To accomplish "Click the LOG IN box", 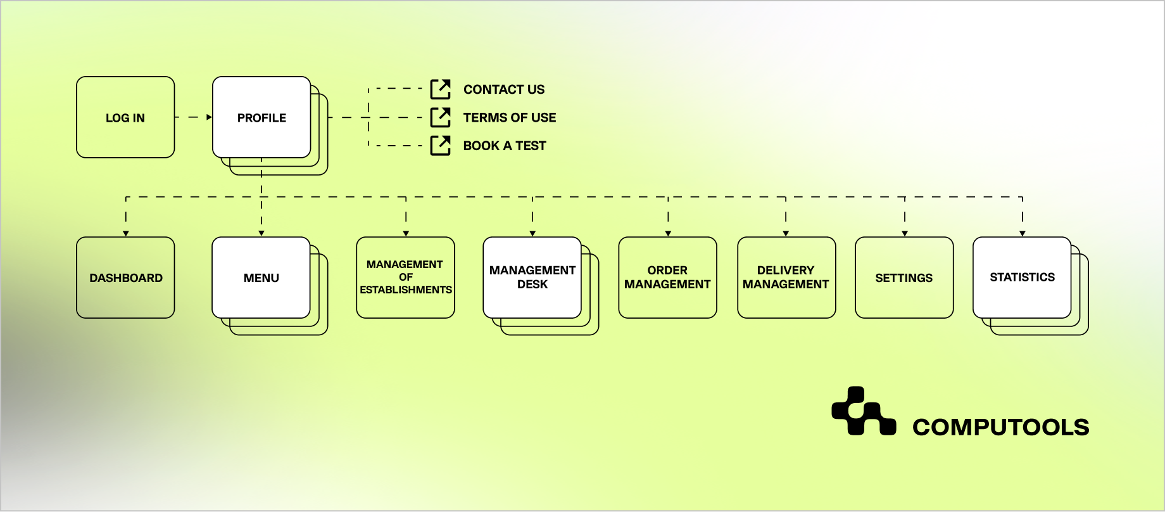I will pyautogui.click(x=125, y=117).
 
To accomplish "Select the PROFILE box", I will pyautogui.click(x=261, y=117).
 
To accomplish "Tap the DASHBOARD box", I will pyautogui.click(x=125, y=278).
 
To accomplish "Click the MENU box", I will pyautogui.click(x=261, y=278).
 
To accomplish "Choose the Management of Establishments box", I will pyautogui.click(x=405, y=278).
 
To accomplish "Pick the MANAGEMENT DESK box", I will pyautogui.click(x=532, y=278).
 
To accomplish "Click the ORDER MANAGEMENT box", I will pyautogui.click(x=667, y=278).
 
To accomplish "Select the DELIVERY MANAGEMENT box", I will pyautogui.click(x=786, y=278).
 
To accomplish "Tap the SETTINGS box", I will pyautogui.click(x=904, y=278).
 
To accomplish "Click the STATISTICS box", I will pyautogui.click(x=1021, y=278).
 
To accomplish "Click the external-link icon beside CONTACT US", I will pyautogui.click(x=440, y=89).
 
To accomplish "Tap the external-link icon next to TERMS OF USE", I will pyautogui.click(x=440, y=117).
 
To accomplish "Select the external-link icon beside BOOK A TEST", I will pyautogui.click(x=440, y=145).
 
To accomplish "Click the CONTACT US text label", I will pyautogui.click(x=503, y=89).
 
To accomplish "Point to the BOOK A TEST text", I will pyautogui.click(x=504, y=146).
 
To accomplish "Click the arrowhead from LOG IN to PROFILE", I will pyautogui.click(x=209, y=117).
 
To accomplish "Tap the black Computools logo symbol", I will pyautogui.click(x=863, y=411).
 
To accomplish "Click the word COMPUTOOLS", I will pyautogui.click(x=1000, y=427).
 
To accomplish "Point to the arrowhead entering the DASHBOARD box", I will pyautogui.click(x=126, y=234).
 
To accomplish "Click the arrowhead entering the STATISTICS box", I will pyautogui.click(x=1022, y=234).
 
